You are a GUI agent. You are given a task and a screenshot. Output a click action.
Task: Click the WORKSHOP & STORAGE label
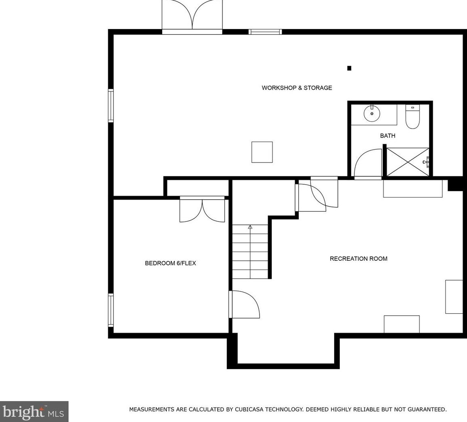[x=297, y=88]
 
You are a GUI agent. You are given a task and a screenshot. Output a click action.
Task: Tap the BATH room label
[x=387, y=136]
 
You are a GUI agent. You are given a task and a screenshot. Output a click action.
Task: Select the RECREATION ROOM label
[x=358, y=259]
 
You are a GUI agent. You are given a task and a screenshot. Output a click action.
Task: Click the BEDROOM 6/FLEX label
[x=170, y=263]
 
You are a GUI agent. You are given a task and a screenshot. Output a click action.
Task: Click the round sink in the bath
[x=372, y=114]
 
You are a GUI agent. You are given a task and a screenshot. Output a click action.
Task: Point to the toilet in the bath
[x=413, y=118]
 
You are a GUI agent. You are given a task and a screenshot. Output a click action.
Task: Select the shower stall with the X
[x=408, y=162]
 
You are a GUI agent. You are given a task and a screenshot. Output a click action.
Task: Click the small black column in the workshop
[x=349, y=68]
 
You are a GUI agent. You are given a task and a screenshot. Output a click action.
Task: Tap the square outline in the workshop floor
[x=262, y=152]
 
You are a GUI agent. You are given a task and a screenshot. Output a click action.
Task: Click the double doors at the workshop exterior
[x=192, y=16]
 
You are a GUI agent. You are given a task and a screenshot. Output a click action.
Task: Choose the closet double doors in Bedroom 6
[x=202, y=210]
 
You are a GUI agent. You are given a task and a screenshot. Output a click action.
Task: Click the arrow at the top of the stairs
[x=250, y=227]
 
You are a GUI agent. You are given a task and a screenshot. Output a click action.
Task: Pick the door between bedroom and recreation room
[x=244, y=304]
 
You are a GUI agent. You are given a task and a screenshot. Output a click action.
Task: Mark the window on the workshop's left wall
[x=111, y=105]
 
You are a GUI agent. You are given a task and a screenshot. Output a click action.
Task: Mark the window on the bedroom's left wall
[x=111, y=310]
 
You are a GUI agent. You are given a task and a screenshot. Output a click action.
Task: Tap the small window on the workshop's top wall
[x=265, y=32]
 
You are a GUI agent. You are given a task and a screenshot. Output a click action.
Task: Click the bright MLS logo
[x=34, y=411]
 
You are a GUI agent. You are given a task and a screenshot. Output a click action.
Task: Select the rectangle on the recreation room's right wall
[x=454, y=297]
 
